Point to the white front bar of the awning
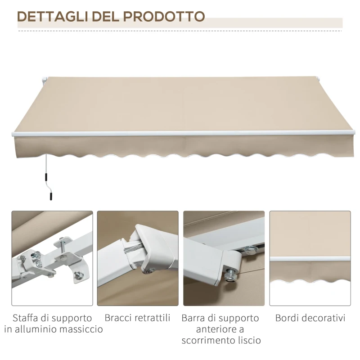pos(180,134)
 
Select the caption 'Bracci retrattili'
pos(138,318)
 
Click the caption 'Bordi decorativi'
pos(310,318)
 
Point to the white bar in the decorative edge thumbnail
pos(310,259)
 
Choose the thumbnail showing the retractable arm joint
pos(138,258)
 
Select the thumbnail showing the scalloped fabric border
pos(310,258)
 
